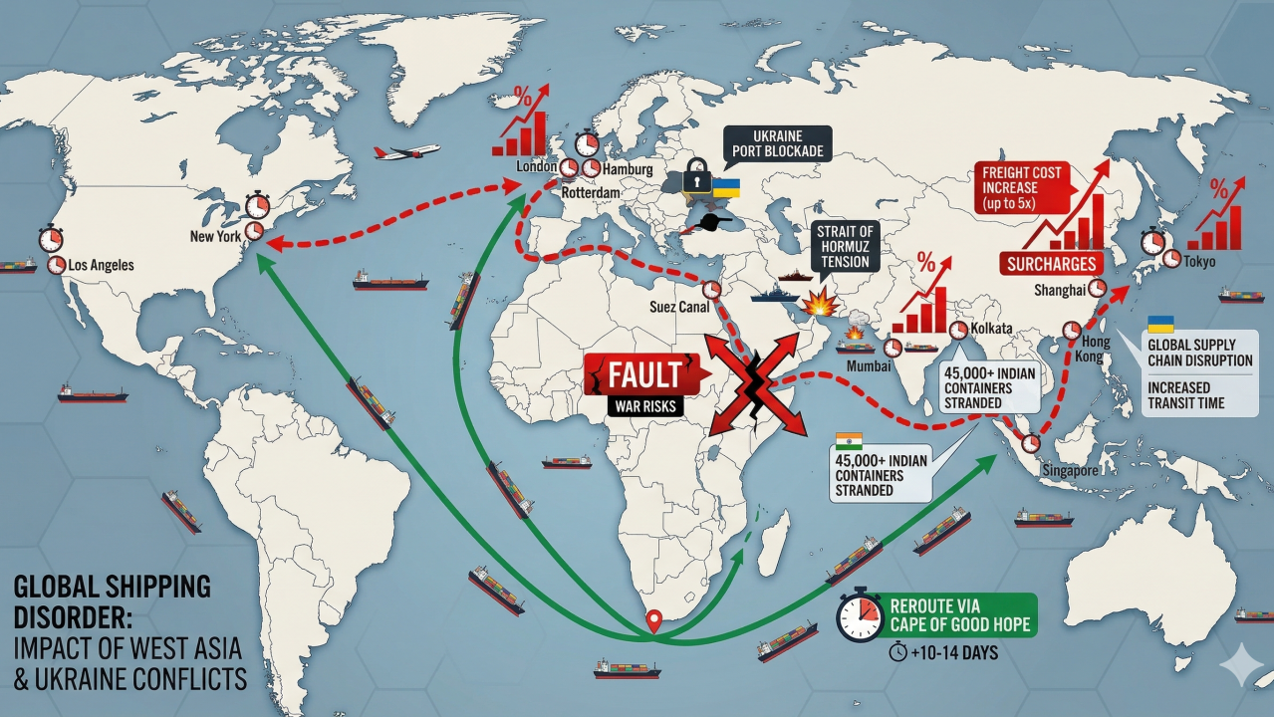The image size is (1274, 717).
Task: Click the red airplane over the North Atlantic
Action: [405, 152]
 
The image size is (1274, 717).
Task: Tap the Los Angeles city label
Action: [101, 266]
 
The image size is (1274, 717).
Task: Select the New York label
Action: [217, 237]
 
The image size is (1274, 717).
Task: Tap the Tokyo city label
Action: [1199, 261]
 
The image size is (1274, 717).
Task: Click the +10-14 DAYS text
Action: [947, 653]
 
